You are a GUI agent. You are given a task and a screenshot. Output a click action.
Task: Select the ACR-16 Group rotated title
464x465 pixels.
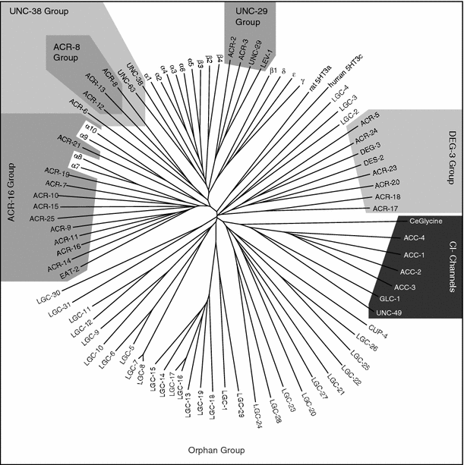pos(11,205)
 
